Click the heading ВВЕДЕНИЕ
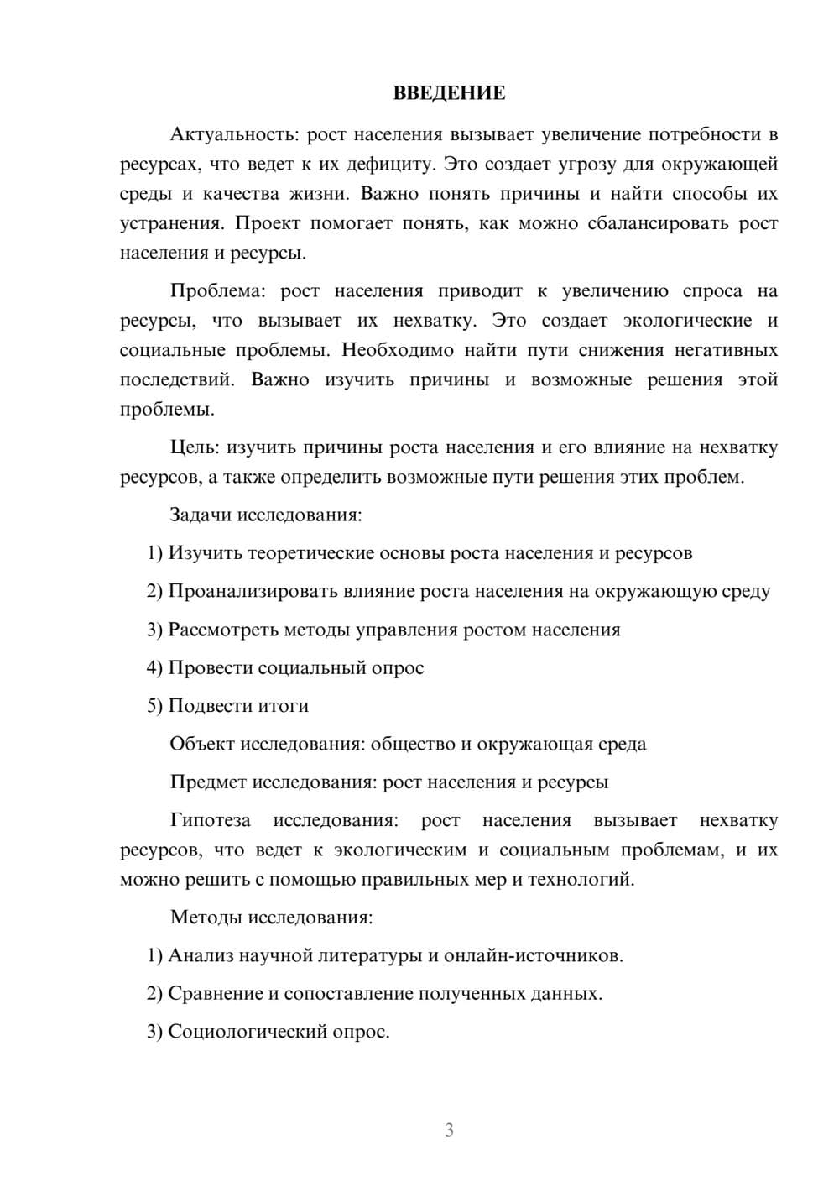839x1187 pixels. [449, 93]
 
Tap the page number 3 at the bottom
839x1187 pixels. [449, 1131]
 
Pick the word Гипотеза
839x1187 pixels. [211, 820]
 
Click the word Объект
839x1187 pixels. [202, 744]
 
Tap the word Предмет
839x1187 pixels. [208, 782]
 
